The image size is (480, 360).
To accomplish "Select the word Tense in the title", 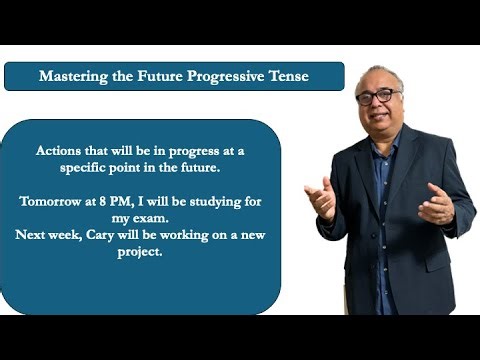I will [x=291, y=76].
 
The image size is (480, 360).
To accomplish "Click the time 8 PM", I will [x=118, y=201].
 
